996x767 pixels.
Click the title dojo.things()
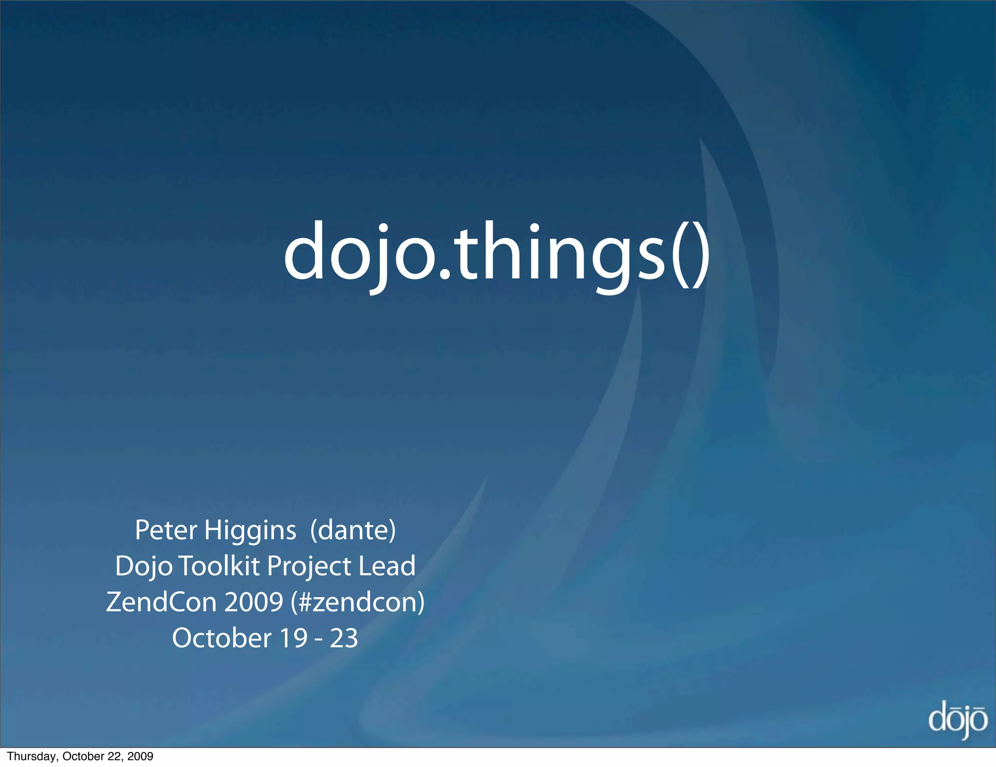pos(496,253)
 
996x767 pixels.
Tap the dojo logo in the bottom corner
pos(957,719)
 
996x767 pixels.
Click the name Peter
pos(166,530)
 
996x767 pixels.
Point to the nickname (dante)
pos(353,530)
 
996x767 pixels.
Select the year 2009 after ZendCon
pos(253,602)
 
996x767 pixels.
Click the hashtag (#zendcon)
pos(357,603)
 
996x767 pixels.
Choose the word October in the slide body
pos(221,638)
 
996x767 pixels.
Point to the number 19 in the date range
pos(293,638)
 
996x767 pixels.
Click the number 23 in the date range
pos(344,638)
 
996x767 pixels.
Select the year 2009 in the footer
pos(140,756)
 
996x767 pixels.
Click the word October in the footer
pos(80,756)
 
